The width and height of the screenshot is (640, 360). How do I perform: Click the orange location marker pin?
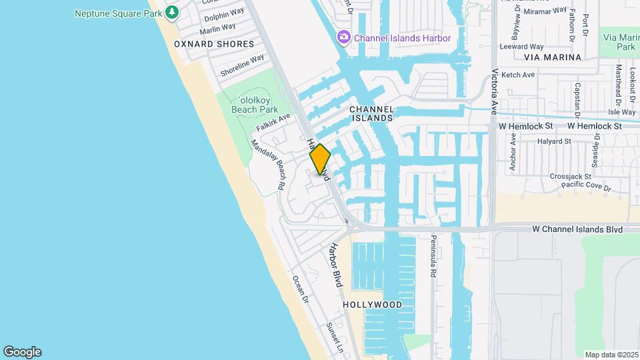pos(320,159)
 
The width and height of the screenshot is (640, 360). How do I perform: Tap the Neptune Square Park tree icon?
pos(172,12)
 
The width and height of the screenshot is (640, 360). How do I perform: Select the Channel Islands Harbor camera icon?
pos(344,37)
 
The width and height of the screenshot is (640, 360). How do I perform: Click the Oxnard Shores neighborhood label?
pos(214,44)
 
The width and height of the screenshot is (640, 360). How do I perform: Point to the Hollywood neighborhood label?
pos(373,305)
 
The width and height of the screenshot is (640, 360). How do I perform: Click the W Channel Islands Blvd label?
pos(577,229)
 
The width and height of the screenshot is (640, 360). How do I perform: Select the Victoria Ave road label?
pos(495,91)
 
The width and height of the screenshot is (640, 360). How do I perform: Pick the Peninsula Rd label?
pos(433,256)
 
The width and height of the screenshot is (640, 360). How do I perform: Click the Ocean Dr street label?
pos(301,289)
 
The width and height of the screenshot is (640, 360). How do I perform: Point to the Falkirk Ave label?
pos(273,122)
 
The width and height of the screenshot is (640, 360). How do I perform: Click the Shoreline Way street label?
pos(243,65)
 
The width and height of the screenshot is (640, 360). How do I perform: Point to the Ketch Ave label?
pos(518,75)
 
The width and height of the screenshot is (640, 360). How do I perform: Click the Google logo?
pos(22,352)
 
